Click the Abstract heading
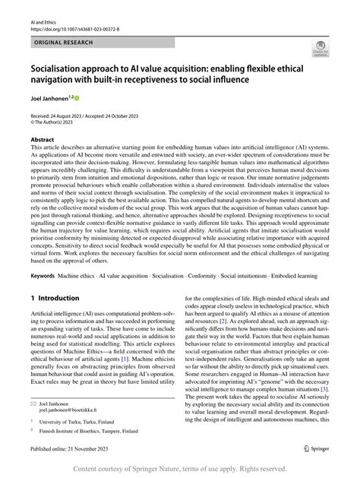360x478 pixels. point(43,141)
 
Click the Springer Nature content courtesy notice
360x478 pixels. point(180,468)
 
